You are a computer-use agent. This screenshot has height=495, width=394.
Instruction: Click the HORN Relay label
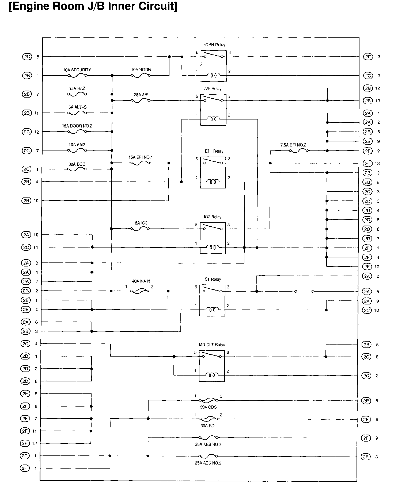pos(214,45)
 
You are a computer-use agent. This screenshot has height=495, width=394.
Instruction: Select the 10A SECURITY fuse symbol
pos(77,76)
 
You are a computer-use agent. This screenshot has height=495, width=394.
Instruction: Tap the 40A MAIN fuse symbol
pos(139,291)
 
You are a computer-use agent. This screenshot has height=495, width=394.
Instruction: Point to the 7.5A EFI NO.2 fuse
pos(299,151)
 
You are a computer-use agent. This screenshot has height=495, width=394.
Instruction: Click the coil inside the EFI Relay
pos(213,182)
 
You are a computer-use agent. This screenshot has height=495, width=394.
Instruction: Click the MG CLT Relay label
pos(211,345)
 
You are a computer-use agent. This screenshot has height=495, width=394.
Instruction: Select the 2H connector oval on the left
pos(25,468)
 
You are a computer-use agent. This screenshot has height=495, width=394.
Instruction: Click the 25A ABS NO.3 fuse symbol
pos(208,438)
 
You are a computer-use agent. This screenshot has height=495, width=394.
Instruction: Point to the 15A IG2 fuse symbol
pos(140,229)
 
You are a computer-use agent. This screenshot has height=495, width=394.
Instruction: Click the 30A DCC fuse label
pos(77,164)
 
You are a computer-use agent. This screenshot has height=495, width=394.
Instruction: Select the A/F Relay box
pos(213,110)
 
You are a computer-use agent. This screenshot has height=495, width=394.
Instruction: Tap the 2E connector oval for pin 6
pos(366,419)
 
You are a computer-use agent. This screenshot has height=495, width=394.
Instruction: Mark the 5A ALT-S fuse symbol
pos(77,113)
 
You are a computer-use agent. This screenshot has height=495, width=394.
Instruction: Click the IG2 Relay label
pos(213,217)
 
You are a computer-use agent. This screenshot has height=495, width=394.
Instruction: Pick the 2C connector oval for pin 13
pos(368,163)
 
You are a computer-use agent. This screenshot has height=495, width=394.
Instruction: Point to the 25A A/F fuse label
pos(141,95)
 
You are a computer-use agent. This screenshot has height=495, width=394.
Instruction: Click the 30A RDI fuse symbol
pos(208,419)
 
